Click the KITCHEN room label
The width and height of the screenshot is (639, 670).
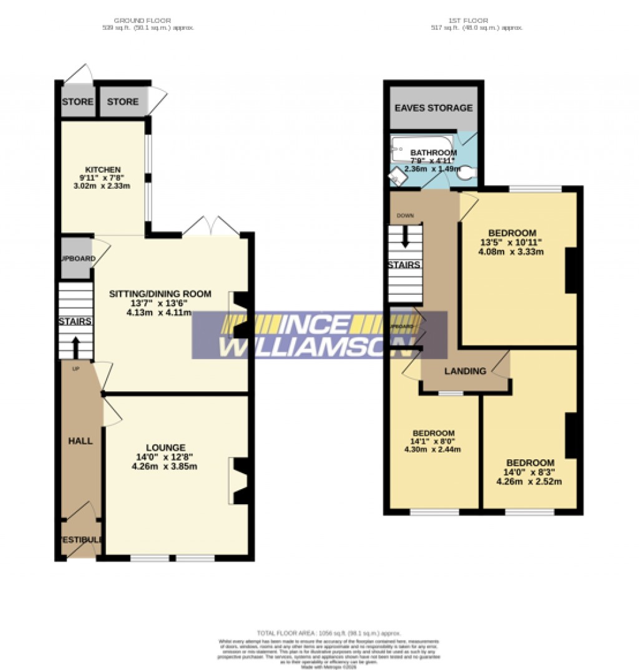click(x=103, y=170)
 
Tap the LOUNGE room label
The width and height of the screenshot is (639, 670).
click(x=165, y=447)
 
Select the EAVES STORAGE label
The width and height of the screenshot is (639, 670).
click(x=434, y=108)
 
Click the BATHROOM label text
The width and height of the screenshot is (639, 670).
click(x=433, y=153)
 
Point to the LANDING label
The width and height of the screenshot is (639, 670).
click(x=465, y=371)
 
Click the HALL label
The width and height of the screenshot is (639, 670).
click(x=80, y=441)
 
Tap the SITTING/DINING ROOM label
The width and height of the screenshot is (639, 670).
click(x=160, y=294)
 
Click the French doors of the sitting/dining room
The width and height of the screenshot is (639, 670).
click(x=212, y=226)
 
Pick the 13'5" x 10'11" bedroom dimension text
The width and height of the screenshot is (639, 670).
click(x=512, y=242)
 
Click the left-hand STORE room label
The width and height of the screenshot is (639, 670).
click(x=77, y=102)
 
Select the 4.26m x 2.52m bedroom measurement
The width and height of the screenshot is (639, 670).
click(x=529, y=481)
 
